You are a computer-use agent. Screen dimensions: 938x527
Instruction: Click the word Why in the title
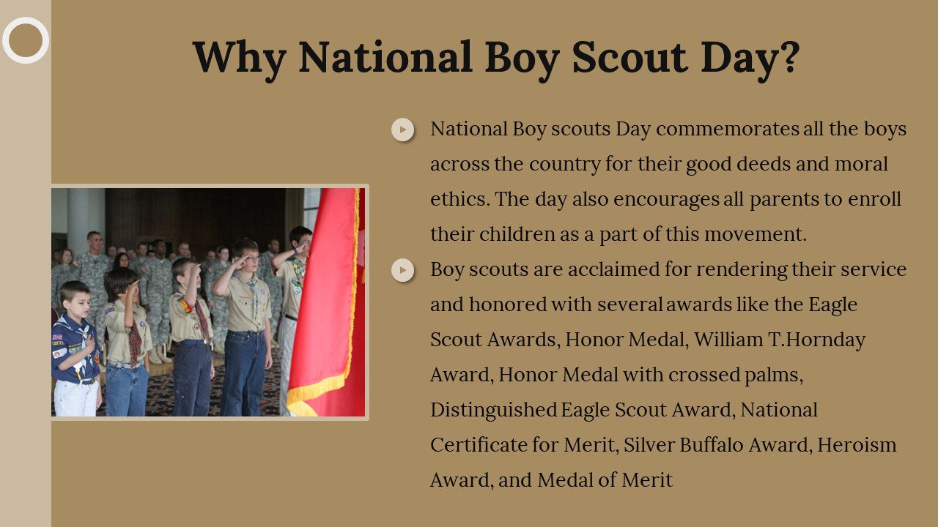pyautogui.click(x=240, y=59)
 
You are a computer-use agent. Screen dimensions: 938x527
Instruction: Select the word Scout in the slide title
pyautogui.click(x=629, y=57)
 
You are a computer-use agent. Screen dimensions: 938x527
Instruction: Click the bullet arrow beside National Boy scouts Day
pyautogui.click(x=403, y=130)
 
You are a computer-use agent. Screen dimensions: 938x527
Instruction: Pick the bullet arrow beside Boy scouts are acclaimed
pyautogui.click(x=403, y=270)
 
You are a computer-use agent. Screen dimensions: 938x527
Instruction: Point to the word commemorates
pyautogui.click(x=728, y=129)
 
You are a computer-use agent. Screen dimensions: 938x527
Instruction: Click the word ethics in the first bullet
pyautogui.click(x=458, y=198)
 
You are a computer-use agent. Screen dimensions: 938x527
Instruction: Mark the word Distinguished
pyautogui.click(x=493, y=410)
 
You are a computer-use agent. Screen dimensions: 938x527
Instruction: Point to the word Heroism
pyautogui.click(x=857, y=445)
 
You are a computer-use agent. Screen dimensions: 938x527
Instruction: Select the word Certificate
pyautogui.click(x=479, y=445)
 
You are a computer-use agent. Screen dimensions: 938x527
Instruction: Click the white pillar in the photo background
pyautogui.click(x=78, y=222)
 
